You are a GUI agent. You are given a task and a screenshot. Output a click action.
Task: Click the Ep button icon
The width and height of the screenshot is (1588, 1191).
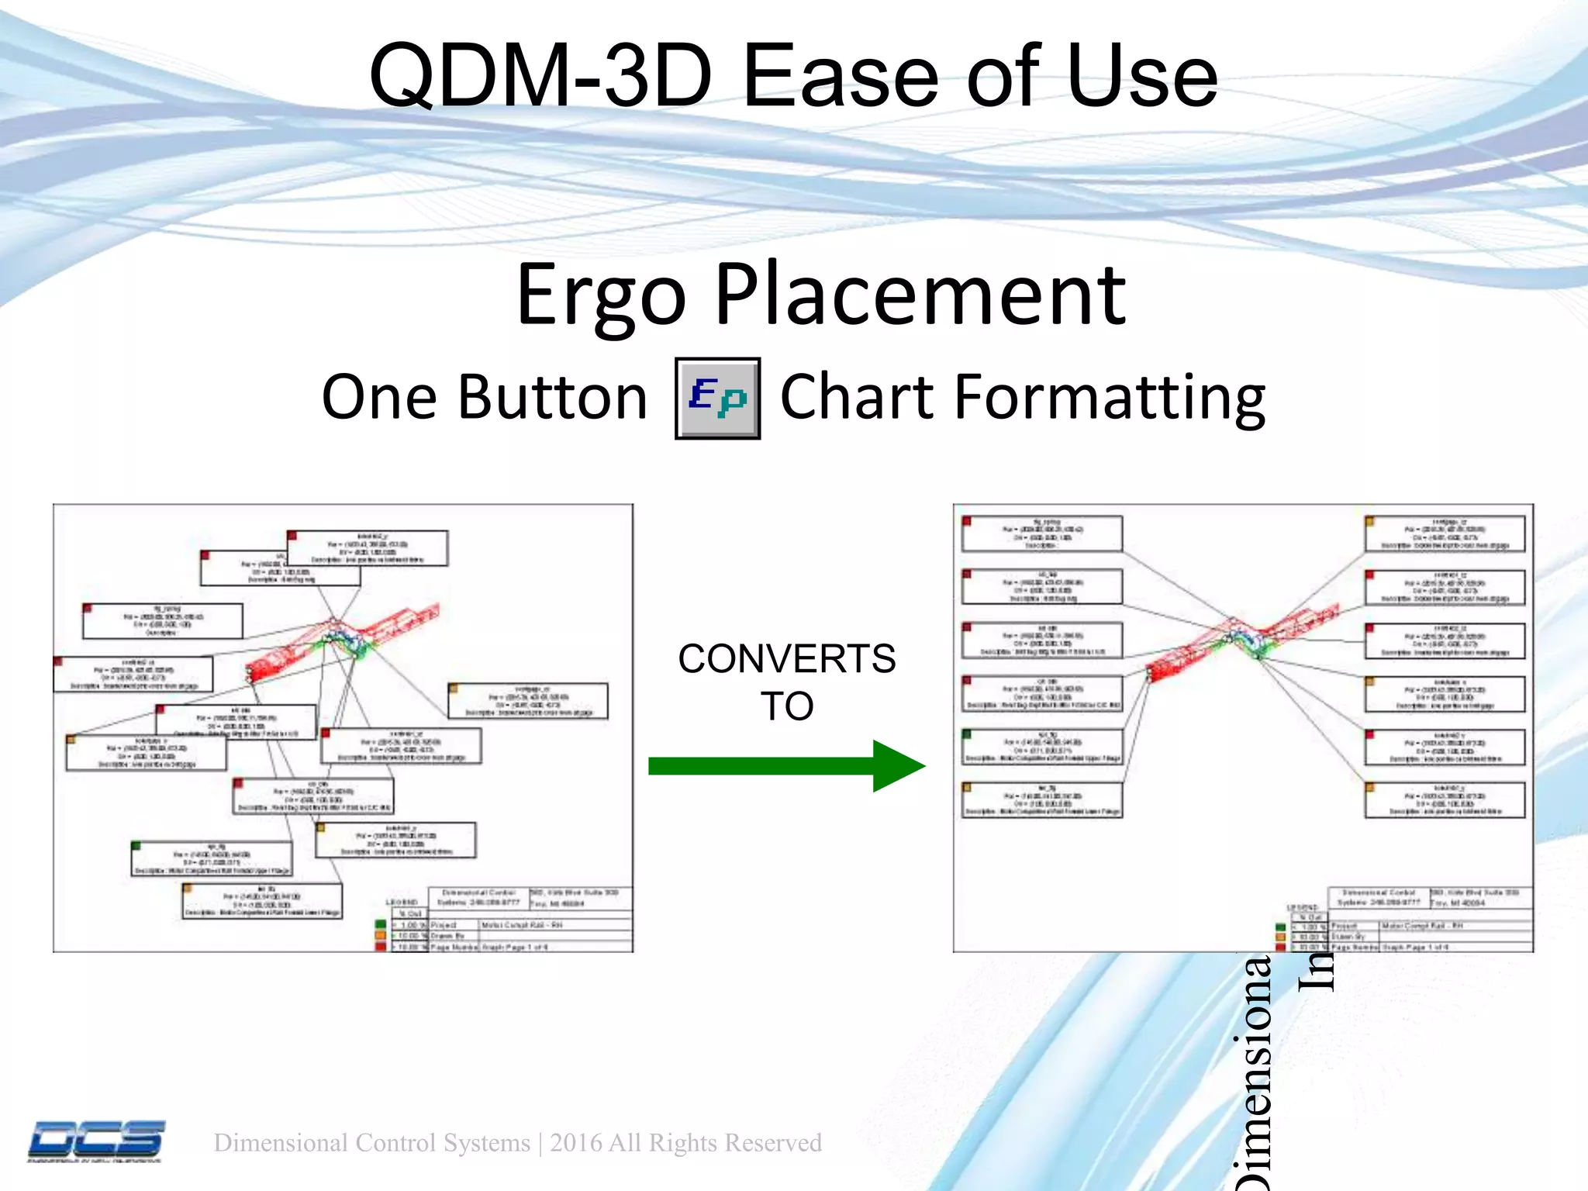(717, 399)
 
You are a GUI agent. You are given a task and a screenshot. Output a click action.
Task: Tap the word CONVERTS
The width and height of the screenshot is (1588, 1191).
(786, 659)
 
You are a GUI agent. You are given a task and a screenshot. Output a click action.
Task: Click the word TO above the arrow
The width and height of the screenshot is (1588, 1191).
(786, 706)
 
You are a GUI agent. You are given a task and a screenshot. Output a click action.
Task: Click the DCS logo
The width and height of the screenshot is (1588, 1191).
(97, 1141)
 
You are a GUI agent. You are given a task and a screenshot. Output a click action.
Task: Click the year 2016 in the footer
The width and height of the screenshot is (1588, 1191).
(576, 1143)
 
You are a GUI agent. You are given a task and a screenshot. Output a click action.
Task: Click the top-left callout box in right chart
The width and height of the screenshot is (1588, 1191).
(1041, 533)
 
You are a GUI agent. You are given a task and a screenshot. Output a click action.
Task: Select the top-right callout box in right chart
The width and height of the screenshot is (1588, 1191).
(1445, 533)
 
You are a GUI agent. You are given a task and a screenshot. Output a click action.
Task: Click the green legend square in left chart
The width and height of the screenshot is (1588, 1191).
(380, 924)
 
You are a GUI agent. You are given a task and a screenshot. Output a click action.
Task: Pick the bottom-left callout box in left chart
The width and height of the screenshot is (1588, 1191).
(262, 901)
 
